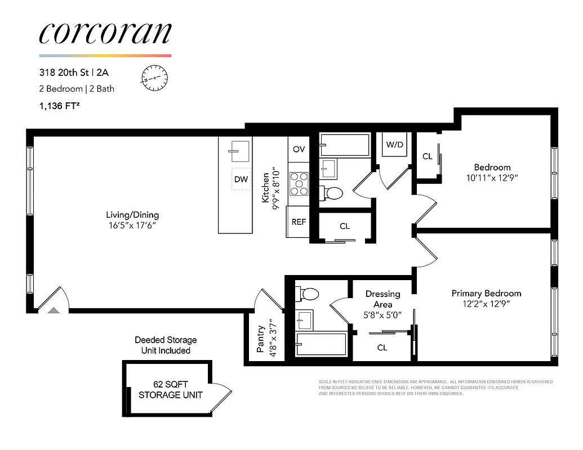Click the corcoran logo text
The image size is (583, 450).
click(105, 34)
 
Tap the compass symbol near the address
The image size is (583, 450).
click(153, 78)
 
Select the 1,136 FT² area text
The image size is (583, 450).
click(59, 105)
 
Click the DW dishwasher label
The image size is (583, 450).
click(241, 179)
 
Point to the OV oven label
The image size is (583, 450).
click(299, 149)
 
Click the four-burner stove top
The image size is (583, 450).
click(299, 183)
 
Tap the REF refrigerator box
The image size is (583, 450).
click(299, 222)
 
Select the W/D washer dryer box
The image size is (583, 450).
click(395, 145)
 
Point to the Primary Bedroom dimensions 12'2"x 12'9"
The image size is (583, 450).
click(486, 304)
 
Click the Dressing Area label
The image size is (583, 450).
click(382, 299)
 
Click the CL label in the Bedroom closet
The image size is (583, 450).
click(427, 156)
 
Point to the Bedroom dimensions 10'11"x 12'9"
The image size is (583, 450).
click(492, 178)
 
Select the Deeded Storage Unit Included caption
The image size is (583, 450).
click(166, 345)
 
